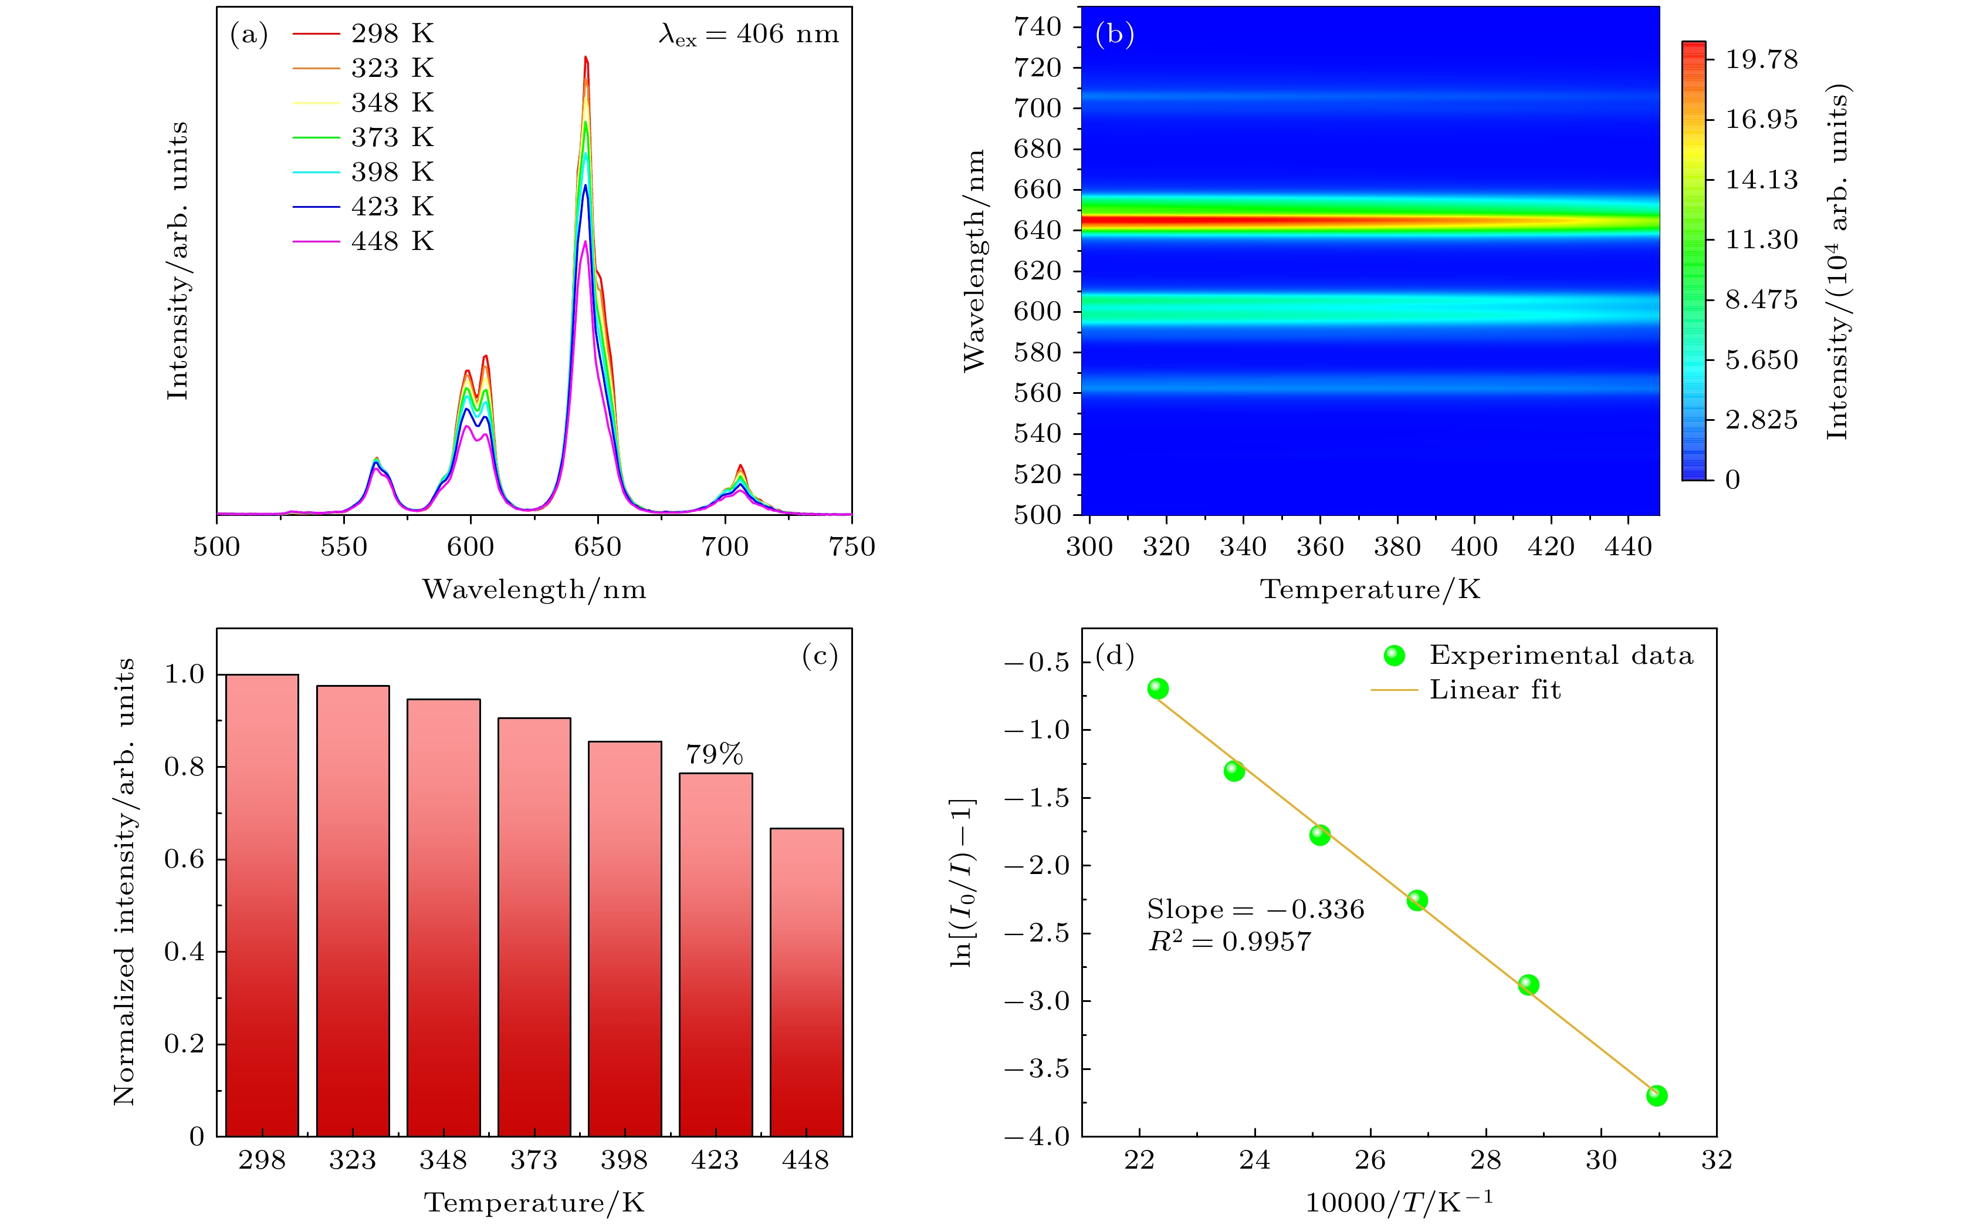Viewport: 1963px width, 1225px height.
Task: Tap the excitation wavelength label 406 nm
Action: (x=748, y=34)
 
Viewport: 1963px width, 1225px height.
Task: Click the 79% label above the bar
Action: (x=714, y=755)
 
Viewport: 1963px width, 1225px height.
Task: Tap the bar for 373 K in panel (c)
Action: (x=534, y=927)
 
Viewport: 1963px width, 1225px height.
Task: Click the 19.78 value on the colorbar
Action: (x=1761, y=60)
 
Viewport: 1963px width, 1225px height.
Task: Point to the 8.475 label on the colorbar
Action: (x=1761, y=300)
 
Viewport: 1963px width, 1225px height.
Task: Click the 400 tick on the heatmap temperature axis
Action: (x=1474, y=547)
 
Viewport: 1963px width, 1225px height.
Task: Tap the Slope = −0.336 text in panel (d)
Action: (x=1255, y=910)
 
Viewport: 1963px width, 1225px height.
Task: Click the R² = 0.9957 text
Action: (x=1229, y=941)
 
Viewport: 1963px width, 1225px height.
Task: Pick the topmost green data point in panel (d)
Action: (x=1158, y=689)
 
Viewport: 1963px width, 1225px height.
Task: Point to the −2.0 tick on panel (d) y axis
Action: (x=1037, y=865)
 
